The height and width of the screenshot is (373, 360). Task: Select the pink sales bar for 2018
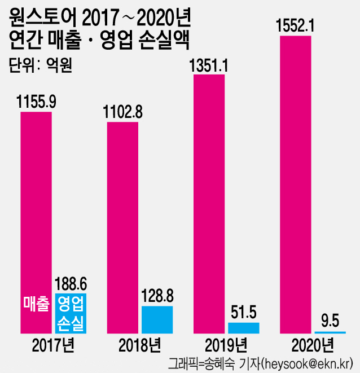pos(122,226)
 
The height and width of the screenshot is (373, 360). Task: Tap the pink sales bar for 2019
pos(209,203)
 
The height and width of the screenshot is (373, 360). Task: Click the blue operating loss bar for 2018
pos(157,319)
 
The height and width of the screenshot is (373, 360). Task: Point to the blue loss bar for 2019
pos(244,327)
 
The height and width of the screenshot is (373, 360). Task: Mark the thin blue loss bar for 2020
pos(330,332)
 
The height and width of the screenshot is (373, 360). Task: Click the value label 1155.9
pos(36,102)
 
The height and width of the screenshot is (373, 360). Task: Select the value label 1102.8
pos(122,112)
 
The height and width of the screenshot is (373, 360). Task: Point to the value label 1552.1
pos(295,26)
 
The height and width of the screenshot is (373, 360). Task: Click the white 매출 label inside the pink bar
pos(36,304)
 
